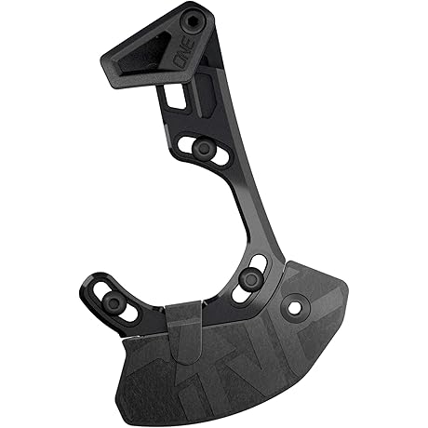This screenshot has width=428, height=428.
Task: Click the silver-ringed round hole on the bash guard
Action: click(295, 307)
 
